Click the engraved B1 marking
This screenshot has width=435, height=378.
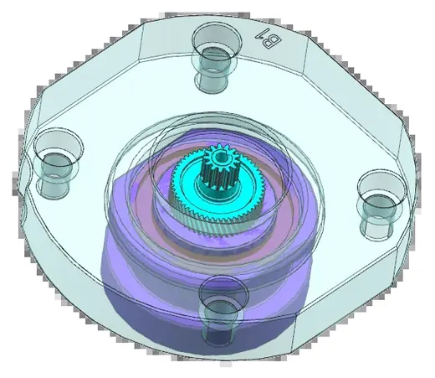(269, 39)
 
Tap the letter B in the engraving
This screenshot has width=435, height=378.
(273, 41)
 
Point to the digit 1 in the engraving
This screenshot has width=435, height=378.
(260, 34)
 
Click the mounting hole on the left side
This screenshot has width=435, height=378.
(57, 163)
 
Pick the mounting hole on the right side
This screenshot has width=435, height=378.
(381, 205)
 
